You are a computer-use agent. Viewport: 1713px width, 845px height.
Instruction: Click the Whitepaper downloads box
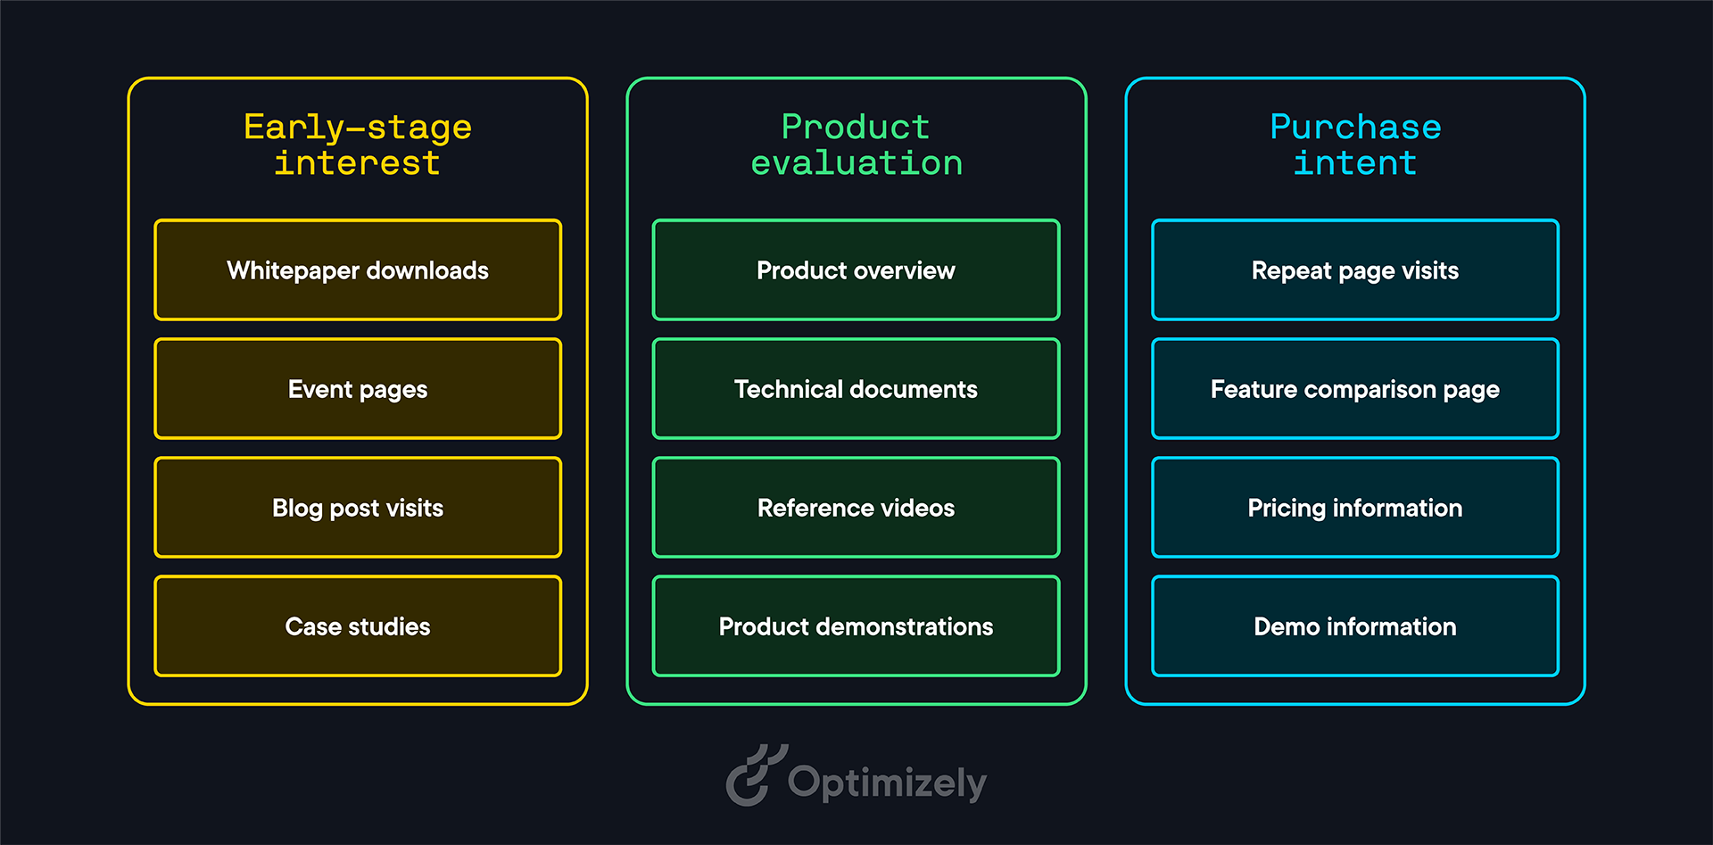[358, 269]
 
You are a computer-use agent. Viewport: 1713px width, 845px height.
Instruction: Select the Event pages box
[358, 388]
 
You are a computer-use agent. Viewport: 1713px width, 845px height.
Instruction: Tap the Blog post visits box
[358, 507]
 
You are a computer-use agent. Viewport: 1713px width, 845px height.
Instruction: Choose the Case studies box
[358, 625]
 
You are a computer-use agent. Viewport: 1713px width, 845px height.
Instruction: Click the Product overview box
[856, 269]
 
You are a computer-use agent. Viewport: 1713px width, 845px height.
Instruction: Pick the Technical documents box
[856, 388]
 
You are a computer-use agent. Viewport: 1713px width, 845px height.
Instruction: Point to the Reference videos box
[856, 507]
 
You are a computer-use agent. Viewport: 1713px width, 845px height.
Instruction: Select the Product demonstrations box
[856, 625]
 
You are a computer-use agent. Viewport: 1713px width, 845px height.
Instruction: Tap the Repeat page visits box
[1355, 269]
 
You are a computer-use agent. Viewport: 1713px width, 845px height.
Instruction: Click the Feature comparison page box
[1355, 388]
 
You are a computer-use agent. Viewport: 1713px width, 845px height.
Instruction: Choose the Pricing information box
[1355, 507]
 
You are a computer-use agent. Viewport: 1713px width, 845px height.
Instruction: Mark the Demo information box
[1355, 625]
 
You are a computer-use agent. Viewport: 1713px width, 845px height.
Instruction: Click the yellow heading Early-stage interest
[358, 145]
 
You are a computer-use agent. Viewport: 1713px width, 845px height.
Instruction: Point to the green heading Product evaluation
[856, 145]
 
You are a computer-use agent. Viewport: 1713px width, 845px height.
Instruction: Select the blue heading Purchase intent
[1355, 145]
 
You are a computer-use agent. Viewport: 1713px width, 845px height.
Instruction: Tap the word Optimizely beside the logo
[887, 783]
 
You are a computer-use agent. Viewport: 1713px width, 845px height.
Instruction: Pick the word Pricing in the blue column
[1287, 509]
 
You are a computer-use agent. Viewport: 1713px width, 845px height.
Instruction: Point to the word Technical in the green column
[788, 389]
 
